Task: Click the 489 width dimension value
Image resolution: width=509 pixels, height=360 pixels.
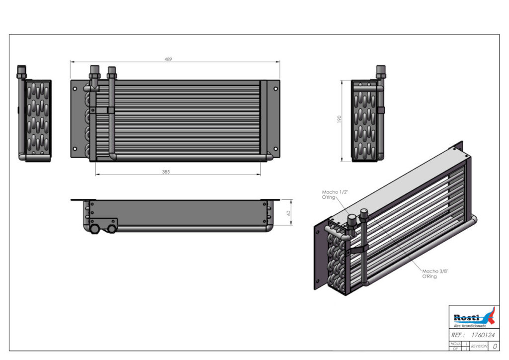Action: (169, 59)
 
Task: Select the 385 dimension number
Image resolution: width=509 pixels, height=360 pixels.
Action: (166, 172)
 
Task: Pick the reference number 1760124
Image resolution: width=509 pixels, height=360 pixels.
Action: (482, 335)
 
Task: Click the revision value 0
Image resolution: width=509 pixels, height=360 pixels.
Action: (495, 346)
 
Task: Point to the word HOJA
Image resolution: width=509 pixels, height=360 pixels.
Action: (455, 343)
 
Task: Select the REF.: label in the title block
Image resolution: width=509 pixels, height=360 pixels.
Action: (458, 335)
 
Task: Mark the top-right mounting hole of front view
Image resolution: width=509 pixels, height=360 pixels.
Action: (275, 89)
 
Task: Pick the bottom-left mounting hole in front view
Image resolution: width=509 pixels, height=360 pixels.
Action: (75, 148)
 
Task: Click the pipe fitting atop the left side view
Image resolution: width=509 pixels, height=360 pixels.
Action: (21, 72)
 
